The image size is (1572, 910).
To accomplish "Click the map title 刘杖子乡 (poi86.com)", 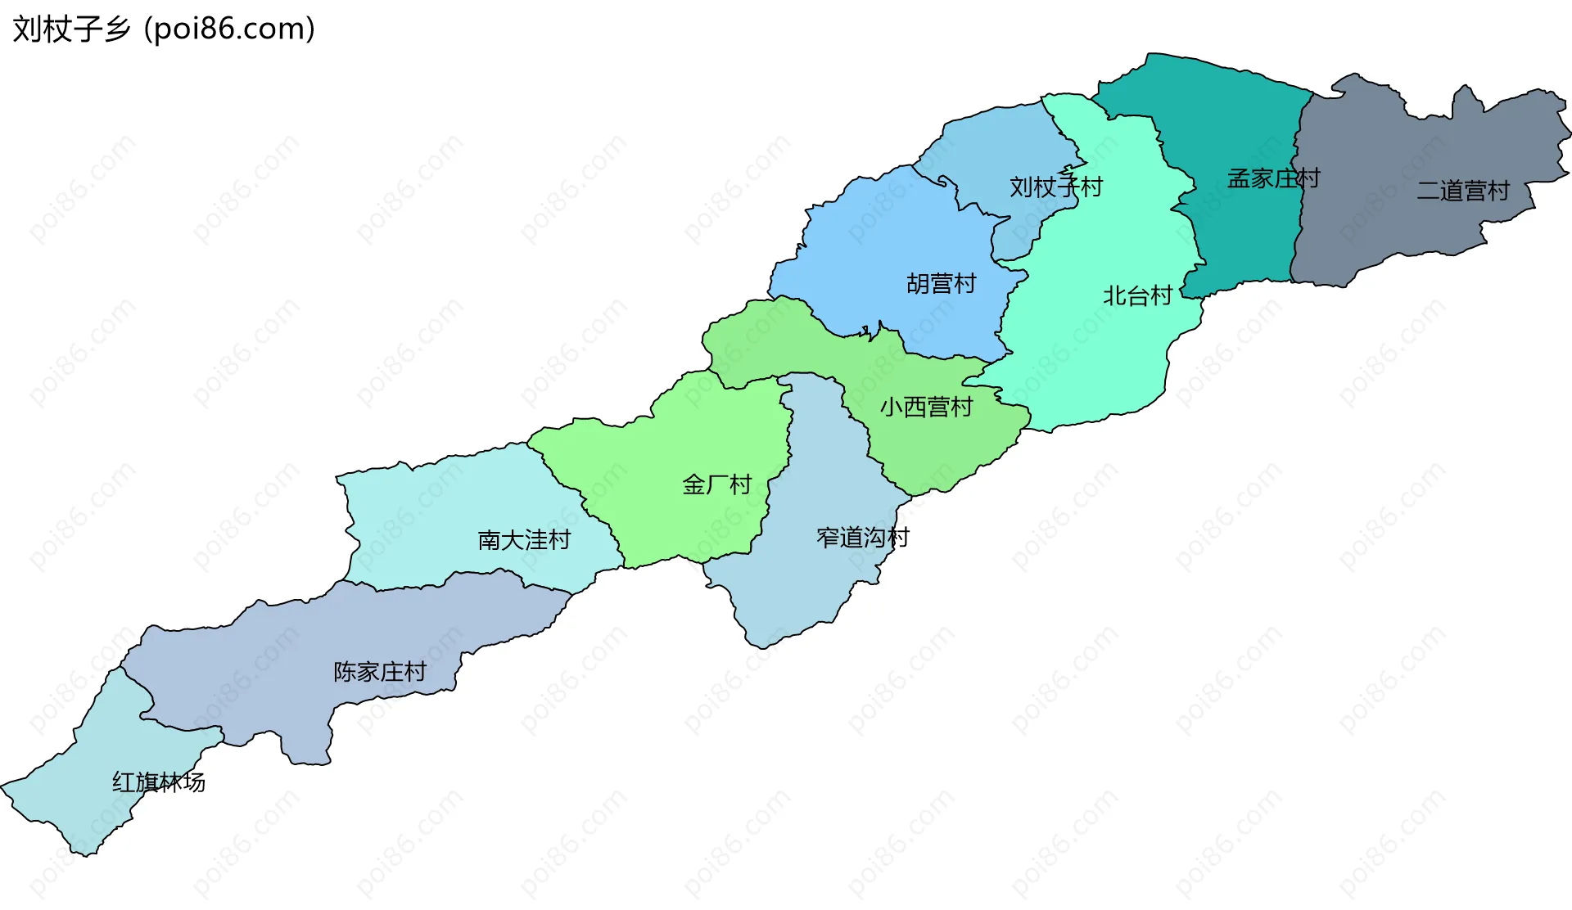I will click(164, 29).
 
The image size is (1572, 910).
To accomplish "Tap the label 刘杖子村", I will click(1055, 187).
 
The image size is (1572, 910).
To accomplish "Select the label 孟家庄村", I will click(1273, 178).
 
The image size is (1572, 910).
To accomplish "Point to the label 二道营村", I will click(1463, 191).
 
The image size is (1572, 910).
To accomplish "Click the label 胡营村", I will click(941, 284).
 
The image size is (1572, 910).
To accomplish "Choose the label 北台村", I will click(1137, 295).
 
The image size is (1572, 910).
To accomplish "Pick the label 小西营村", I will click(926, 407).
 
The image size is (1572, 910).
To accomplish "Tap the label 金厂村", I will click(716, 484).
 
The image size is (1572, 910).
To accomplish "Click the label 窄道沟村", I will click(863, 538).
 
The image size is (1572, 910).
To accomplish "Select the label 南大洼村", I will click(524, 540).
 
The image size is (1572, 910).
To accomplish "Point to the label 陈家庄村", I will click(380, 672).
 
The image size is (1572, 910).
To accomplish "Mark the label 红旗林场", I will click(159, 782).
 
